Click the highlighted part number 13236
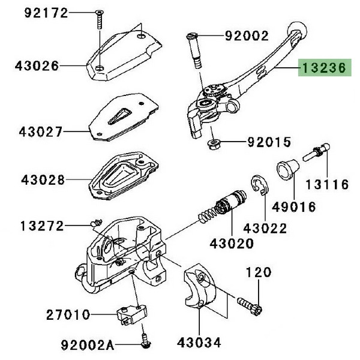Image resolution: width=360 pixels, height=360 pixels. click(326, 69)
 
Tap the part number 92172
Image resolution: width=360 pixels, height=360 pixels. click(46, 13)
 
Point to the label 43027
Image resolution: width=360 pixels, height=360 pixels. click(41, 130)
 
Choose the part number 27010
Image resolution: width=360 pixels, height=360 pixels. click(68, 314)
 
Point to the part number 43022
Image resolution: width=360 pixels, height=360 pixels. click(265, 229)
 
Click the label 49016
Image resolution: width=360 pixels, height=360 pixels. click(294, 206)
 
